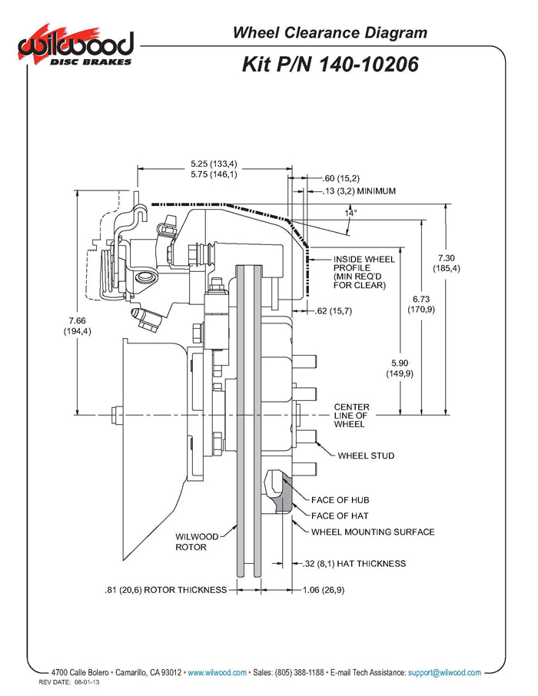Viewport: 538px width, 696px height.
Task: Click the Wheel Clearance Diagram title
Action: tap(330, 32)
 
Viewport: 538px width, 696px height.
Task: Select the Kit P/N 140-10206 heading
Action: tap(330, 65)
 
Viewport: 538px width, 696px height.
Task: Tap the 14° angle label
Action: tap(350, 214)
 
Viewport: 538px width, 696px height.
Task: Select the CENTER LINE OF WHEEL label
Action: tap(351, 416)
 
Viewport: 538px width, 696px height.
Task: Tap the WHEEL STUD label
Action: tap(366, 456)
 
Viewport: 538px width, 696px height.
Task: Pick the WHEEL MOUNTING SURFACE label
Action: tap(373, 532)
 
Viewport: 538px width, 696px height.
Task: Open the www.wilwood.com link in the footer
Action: tap(218, 672)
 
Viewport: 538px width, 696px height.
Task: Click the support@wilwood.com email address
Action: tap(444, 672)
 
